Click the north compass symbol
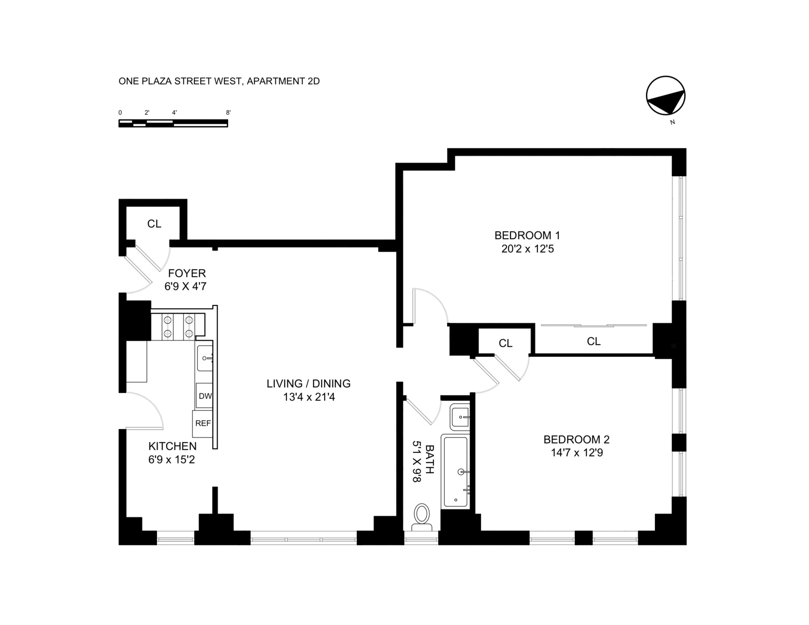pos(665,96)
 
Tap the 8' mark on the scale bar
pos(228,112)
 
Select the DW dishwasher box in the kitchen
pos(205,396)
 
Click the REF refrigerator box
pos(203,423)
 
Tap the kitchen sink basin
pos(204,358)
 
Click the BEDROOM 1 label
pos(527,236)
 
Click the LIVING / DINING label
pos(309,384)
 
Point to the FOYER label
pos(187,273)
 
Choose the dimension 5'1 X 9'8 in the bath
pos(417,461)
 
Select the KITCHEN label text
pos(172,446)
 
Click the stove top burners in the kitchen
pos(178,326)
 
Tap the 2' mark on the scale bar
pos(147,112)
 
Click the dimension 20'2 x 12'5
pos(528,249)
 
